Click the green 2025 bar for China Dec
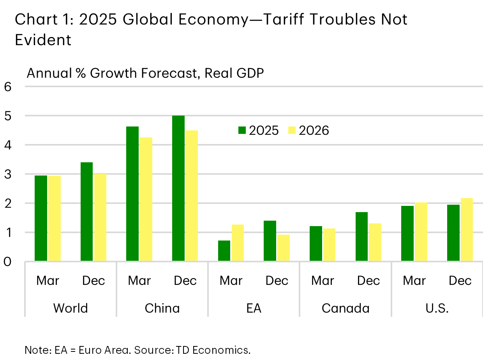178,188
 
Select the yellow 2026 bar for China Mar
146,199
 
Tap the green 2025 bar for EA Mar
224,251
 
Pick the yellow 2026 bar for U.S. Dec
467,230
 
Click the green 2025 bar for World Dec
86,211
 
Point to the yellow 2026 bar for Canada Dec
375,242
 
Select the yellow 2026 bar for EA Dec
284,248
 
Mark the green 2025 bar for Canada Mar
316,243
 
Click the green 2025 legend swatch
242,130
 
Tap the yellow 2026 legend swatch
292,130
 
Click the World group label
71,308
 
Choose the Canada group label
346,308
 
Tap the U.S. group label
437,308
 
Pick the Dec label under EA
277,281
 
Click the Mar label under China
139,281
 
